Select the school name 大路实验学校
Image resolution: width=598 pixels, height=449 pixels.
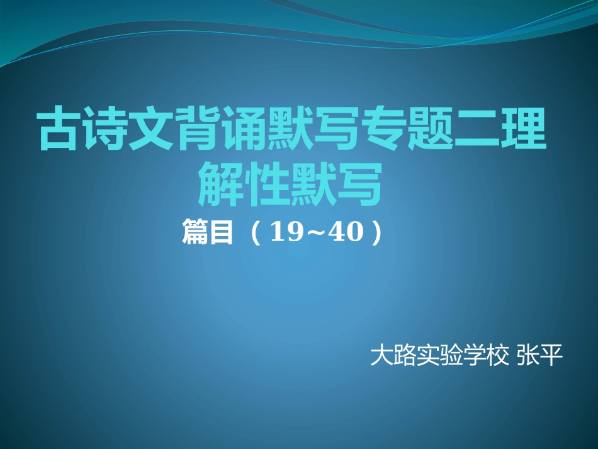pyautogui.click(x=439, y=357)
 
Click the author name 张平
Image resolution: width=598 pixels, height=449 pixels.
pyautogui.click(x=538, y=357)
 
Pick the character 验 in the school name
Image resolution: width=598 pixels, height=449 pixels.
pyautogui.click(x=451, y=357)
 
